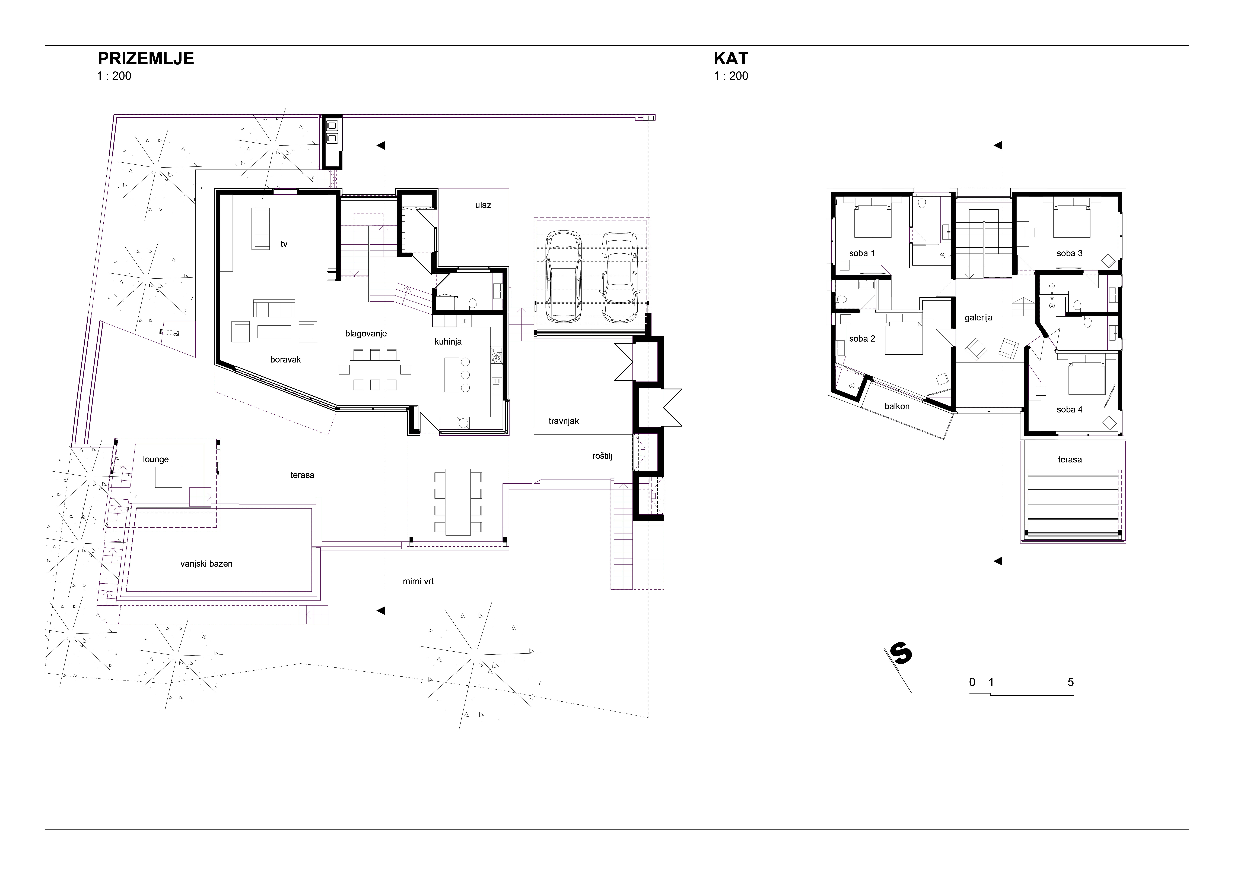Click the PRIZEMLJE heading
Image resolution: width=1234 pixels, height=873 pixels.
146,59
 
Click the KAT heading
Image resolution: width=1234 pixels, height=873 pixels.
731,59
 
